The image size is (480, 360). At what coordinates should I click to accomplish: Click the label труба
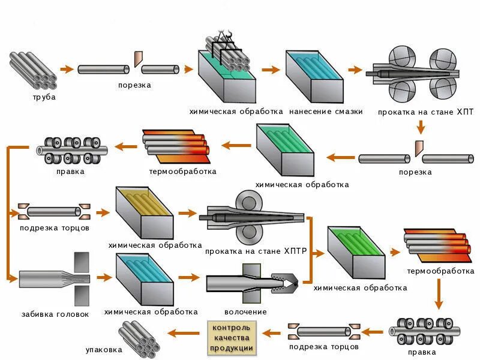coord(44,97)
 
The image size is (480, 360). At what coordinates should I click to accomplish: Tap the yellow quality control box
coord(232,338)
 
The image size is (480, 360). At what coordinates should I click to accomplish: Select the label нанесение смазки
coord(326,112)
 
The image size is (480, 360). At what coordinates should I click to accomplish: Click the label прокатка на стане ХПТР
coord(256,251)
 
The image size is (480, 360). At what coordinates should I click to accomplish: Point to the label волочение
coord(245,312)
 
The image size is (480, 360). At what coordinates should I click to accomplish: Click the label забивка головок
coord(55,314)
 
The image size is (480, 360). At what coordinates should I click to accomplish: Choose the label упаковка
coord(104,350)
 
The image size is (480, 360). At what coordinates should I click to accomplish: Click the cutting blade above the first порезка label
coord(138,59)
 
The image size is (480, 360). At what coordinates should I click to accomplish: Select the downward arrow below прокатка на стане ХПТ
coord(421,127)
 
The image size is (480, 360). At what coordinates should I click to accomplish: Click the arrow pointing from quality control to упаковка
coord(184,333)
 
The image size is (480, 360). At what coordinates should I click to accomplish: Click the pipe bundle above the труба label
coord(33,71)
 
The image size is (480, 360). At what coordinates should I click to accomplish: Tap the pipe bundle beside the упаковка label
coord(139,339)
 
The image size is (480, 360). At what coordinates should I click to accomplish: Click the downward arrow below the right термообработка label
coord(439,294)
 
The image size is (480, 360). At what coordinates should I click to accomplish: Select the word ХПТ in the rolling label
coord(465,112)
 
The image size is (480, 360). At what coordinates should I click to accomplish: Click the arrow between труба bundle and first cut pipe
coord(67,69)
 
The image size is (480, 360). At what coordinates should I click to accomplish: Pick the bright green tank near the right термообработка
coord(356,253)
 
